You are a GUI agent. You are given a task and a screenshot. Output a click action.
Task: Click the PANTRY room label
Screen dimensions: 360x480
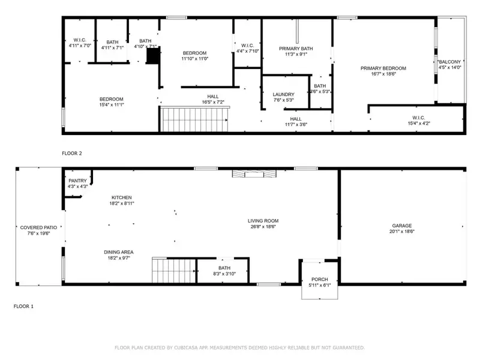pyautogui.click(x=78, y=181)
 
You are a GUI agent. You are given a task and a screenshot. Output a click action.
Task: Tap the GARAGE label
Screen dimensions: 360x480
pyautogui.click(x=401, y=226)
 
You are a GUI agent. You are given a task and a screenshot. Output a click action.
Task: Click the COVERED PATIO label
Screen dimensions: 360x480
pyautogui.click(x=38, y=227)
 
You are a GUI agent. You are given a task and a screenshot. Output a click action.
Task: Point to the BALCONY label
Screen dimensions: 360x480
pyautogui.click(x=449, y=62)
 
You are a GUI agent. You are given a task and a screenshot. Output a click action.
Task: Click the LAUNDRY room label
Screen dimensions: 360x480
pyautogui.click(x=283, y=94)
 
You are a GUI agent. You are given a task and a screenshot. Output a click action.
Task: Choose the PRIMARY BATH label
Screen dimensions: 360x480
pyautogui.click(x=296, y=49)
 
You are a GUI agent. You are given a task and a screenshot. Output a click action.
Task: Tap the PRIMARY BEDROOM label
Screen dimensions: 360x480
pyautogui.click(x=383, y=68)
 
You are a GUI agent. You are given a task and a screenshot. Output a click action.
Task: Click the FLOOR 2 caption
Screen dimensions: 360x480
pyautogui.click(x=72, y=153)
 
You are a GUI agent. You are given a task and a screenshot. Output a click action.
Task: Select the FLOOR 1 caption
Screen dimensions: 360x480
pyautogui.click(x=23, y=306)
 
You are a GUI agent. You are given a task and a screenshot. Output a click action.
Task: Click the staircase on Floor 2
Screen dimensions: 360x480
pyautogui.click(x=195, y=120)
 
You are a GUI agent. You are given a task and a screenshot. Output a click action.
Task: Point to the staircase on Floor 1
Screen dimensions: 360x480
pyautogui.click(x=174, y=271)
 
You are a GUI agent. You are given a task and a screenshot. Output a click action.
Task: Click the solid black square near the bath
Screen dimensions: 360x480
pyautogui.click(x=153, y=56)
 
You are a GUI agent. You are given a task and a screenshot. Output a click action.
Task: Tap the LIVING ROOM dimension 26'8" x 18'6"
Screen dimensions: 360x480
pyautogui.click(x=263, y=227)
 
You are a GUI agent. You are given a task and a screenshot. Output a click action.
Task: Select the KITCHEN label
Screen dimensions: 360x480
pyautogui.click(x=121, y=197)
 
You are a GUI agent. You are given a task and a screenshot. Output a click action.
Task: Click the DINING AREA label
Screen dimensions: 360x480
pyautogui.click(x=118, y=251)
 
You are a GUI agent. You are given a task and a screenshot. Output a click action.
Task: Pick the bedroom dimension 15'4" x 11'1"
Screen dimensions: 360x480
pyautogui.click(x=111, y=105)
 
